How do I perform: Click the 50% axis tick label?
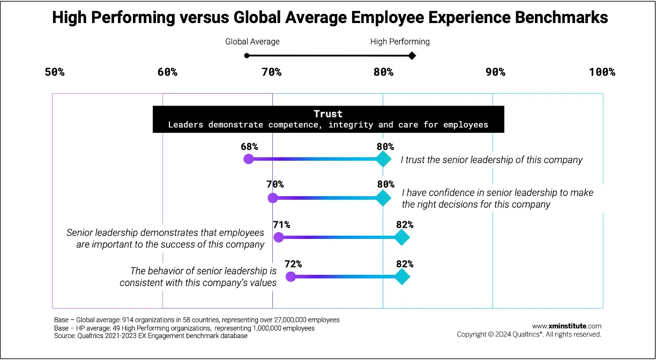coord(55,72)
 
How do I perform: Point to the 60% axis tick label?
coord(167,72)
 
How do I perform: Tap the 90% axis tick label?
coord(495,72)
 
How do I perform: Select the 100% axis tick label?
coord(602,72)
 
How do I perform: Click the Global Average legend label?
coord(252,41)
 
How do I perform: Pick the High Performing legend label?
coord(400,41)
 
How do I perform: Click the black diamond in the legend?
coord(412,55)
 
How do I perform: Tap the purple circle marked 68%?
coord(248,159)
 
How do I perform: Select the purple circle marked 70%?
coord(273,198)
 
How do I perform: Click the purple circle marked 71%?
coord(279,237)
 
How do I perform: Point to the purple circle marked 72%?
coord(290,276)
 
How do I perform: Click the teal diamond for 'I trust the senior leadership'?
coord(383,159)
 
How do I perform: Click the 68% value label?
coord(249,146)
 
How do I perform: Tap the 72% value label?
coord(293,264)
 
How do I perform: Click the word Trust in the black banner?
coord(328,114)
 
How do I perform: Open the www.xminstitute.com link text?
coord(566,326)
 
